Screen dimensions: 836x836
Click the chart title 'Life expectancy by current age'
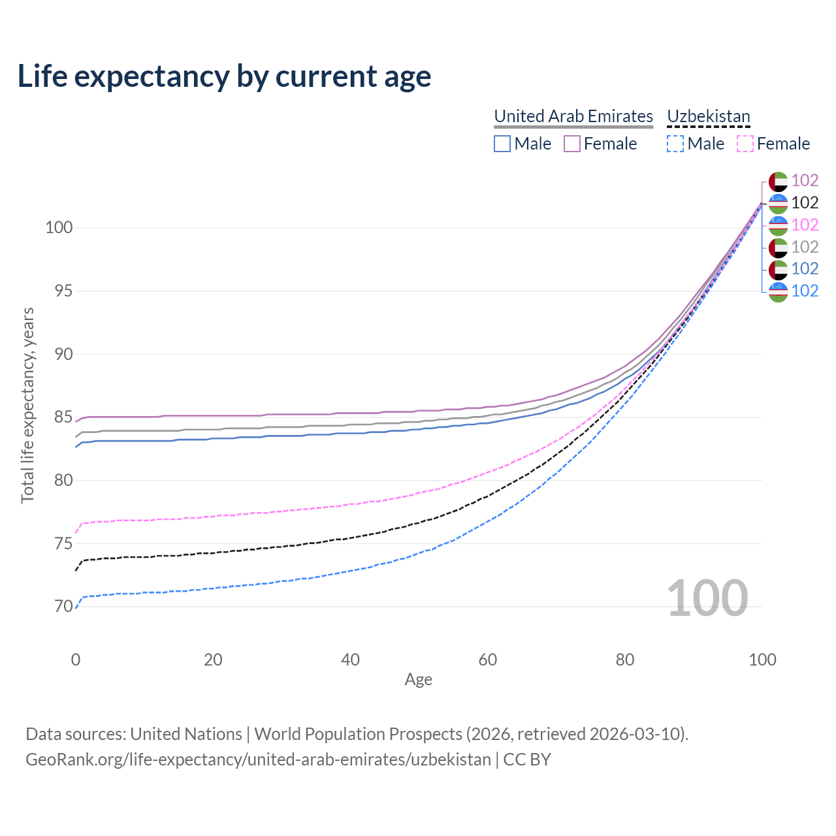tap(224, 76)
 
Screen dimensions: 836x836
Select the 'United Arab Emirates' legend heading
tap(573, 116)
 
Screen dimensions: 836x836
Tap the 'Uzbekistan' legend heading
tap(709, 116)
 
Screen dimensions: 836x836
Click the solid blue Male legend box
tap(502, 144)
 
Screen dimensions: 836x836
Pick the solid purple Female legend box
tap(572, 144)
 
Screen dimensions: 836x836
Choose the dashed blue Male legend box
tap(675, 144)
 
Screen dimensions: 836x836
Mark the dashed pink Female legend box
tap(745, 144)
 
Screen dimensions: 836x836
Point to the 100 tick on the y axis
tap(58, 228)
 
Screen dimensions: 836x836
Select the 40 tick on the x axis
tap(350, 660)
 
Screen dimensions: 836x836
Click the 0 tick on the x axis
tap(76, 660)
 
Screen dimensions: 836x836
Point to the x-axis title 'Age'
tap(418, 680)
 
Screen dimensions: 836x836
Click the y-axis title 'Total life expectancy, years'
tap(27, 406)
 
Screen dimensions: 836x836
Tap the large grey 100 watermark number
tap(707, 598)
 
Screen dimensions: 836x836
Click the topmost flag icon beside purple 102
tap(778, 181)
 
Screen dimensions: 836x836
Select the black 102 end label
tap(805, 203)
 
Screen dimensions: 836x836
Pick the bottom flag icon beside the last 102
tap(778, 291)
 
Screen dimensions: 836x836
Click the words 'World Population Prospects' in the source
tap(358, 734)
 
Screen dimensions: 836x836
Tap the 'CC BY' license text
tap(527, 760)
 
